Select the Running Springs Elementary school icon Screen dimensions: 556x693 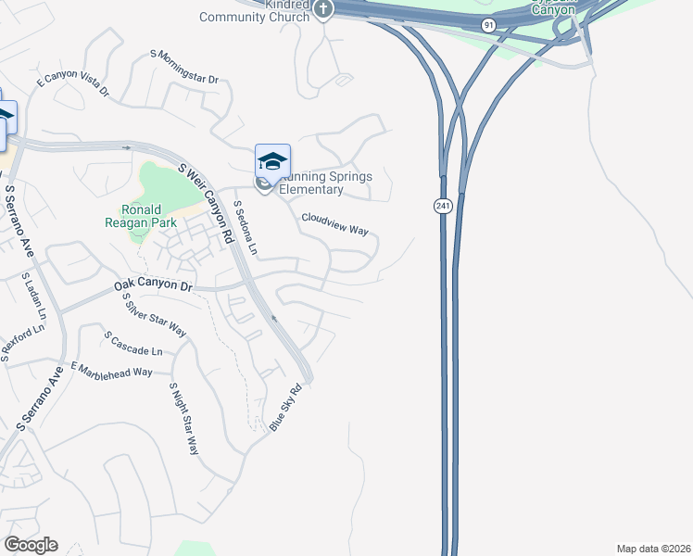click(x=272, y=161)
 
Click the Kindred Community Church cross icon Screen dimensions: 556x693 click(x=322, y=10)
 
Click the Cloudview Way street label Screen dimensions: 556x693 click(x=334, y=223)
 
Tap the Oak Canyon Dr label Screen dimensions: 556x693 click(x=153, y=285)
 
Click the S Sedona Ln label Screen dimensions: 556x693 click(x=245, y=228)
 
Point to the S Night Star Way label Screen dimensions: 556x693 click(x=184, y=418)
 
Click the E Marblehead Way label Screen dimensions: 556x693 click(x=110, y=371)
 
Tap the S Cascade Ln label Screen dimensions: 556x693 click(x=133, y=344)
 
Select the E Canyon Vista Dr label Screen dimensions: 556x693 click(x=72, y=87)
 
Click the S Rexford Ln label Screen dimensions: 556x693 click(x=22, y=341)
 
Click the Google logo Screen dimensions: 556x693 click(x=31, y=545)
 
